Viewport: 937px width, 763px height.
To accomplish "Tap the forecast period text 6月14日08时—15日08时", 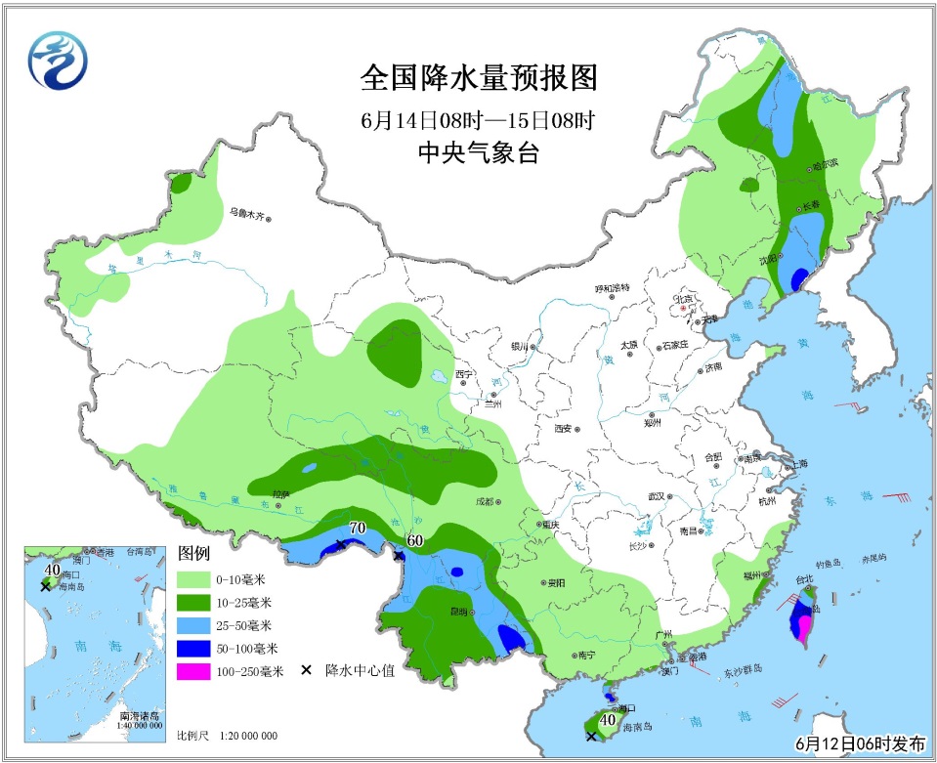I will pyautogui.click(x=478, y=121).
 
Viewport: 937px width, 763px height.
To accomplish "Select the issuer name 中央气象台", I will pyautogui.click(x=478, y=153).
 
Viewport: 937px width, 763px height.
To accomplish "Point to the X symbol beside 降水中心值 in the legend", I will pyautogui.click(x=306, y=670).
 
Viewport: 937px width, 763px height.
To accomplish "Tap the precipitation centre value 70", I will pyautogui.click(x=357, y=529).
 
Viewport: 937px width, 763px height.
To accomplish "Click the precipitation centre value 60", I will pyautogui.click(x=414, y=540).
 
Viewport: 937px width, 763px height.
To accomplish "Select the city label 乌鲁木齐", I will pyautogui.click(x=247, y=211).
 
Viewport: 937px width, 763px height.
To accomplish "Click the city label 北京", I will pyautogui.click(x=681, y=298).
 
